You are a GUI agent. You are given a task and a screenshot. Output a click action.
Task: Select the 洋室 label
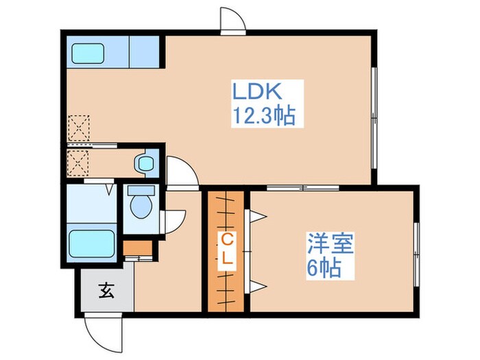coord(330,244)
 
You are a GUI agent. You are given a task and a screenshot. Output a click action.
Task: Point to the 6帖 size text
coord(324,267)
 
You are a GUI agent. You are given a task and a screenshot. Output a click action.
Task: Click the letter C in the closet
coord(224,240)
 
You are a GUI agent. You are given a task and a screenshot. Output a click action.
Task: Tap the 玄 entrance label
coord(106,290)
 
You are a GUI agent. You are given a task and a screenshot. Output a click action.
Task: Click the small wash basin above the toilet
coord(145,163)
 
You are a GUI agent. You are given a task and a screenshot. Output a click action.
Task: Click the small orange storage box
coord(134,248)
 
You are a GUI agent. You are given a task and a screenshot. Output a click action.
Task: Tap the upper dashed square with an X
coord(80,128)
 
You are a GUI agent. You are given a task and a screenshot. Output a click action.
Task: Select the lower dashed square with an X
coord(79,163)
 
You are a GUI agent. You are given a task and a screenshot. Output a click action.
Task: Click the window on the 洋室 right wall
coord(417,248)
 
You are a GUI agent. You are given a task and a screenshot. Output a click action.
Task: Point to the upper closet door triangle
coord(257,217)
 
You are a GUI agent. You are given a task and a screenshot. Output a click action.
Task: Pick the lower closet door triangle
coord(257,285)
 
